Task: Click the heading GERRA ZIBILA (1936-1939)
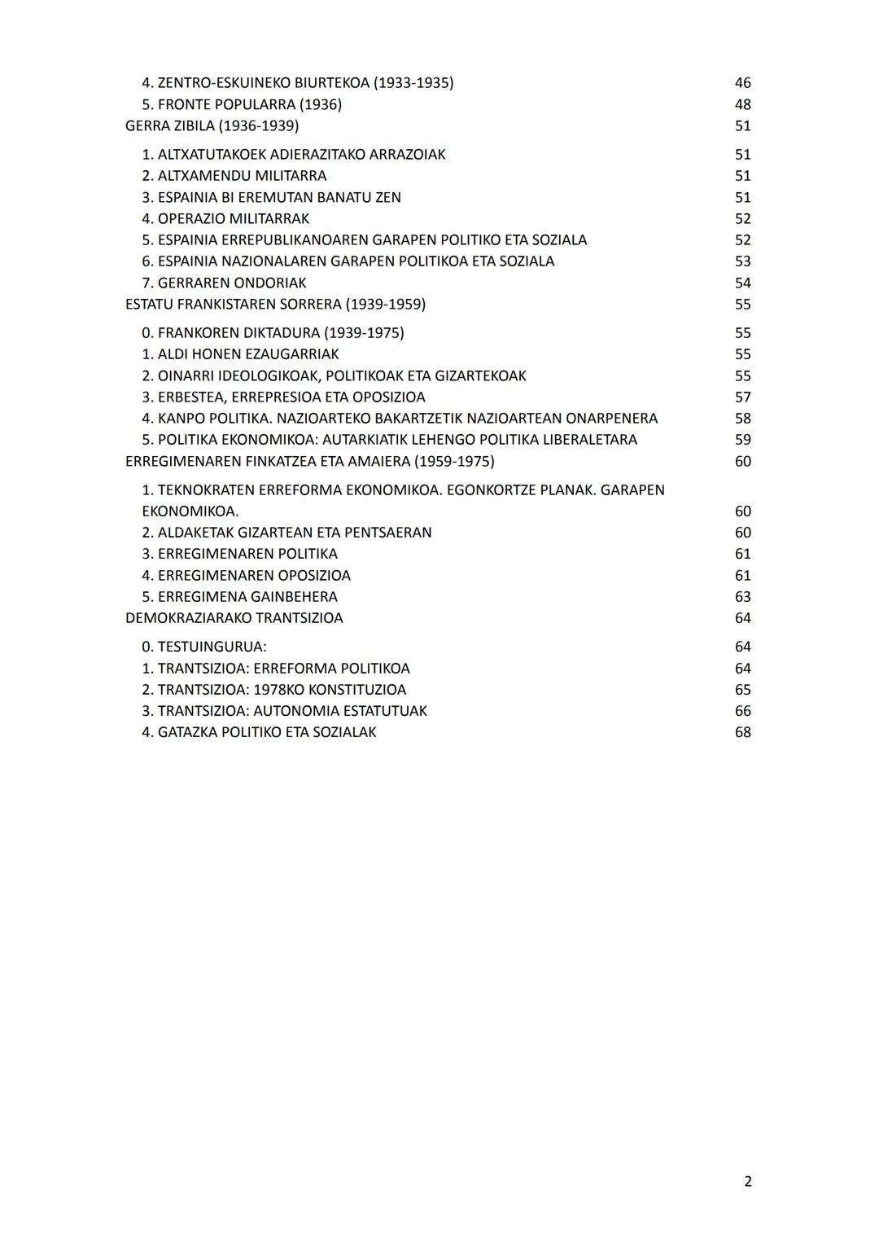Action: tap(212, 125)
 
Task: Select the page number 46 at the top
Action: tap(742, 83)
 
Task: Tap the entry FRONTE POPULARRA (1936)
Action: tap(242, 104)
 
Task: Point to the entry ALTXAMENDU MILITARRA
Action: tap(234, 176)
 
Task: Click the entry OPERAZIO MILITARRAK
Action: tap(225, 218)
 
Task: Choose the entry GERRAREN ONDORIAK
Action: tap(224, 283)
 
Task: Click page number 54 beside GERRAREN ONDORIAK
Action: tap(742, 283)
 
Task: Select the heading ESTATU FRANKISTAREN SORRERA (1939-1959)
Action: tap(275, 304)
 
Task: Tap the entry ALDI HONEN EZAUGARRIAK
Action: tap(240, 354)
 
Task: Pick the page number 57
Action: tap(742, 397)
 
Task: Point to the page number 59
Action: tap(742, 440)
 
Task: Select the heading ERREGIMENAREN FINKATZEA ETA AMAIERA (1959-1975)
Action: tap(309, 461)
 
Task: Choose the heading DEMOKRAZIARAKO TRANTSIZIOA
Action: tap(234, 617)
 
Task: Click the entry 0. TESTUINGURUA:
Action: tap(204, 647)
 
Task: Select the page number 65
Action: tap(742, 689)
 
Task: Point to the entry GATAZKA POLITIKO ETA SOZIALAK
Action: tap(259, 732)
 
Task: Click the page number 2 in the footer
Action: tap(747, 1181)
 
